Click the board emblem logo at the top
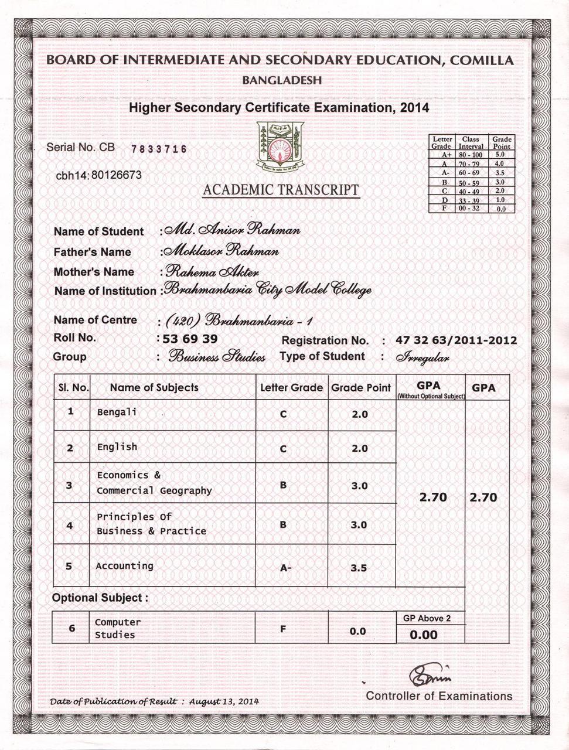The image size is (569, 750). (281, 146)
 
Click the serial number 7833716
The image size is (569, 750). (159, 149)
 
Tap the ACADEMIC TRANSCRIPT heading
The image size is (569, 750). (281, 190)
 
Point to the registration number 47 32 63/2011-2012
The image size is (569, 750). (456, 340)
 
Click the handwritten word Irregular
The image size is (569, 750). (423, 357)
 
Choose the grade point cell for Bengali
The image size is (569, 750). (359, 414)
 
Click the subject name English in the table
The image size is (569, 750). (117, 447)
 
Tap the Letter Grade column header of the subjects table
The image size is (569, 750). (291, 388)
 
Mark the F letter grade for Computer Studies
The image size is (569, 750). (283, 629)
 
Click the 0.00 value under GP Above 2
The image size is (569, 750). (424, 635)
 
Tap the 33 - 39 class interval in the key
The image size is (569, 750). (469, 200)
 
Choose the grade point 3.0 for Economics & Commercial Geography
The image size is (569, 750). (359, 486)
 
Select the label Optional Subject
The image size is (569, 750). (100, 598)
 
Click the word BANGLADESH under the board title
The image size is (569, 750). (282, 80)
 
